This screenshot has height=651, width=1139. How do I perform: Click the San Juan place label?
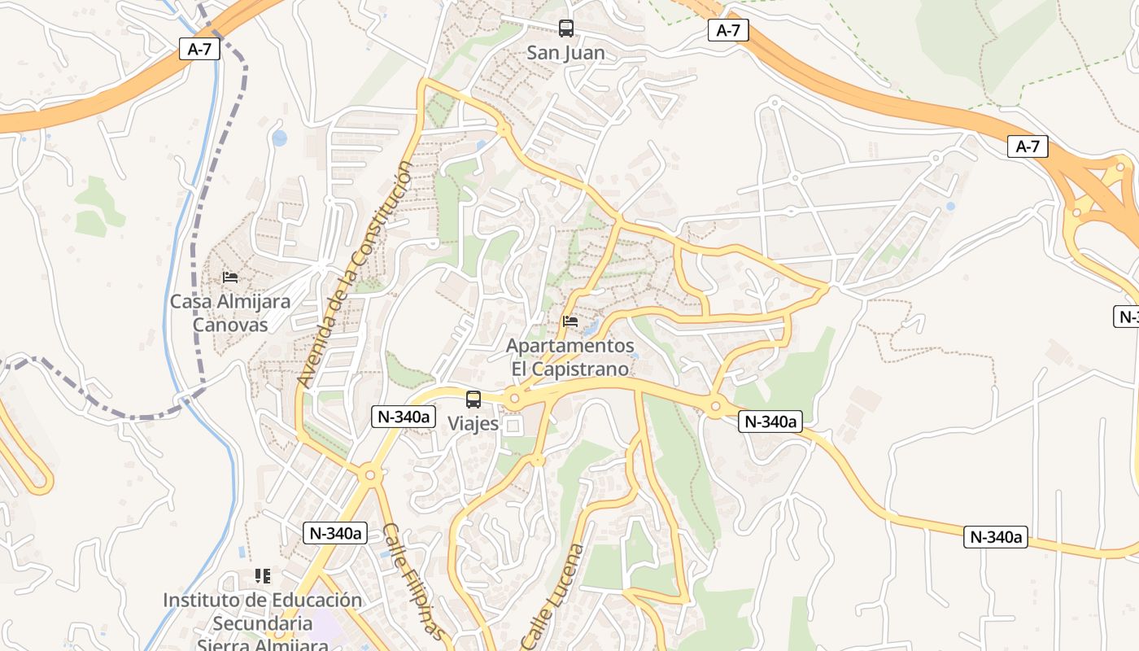pyautogui.click(x=566, y=53)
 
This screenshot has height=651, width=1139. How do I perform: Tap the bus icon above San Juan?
pyautogui.click(x=566, y=28)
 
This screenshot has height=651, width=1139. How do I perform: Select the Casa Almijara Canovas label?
pyautogui.click(x=229, y=313)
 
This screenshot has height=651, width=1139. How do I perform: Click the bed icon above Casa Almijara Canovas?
pyautogui.click(x=230, y=277)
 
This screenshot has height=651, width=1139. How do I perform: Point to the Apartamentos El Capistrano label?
pyautogui.click(x=569, y=357)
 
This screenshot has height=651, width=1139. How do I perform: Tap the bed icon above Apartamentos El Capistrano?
pyautogui.click(x=570, y=322)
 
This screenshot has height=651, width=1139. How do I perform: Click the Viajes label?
pyautogui.click(x=473, y=424)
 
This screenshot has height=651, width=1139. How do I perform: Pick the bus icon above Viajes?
pyautogui.click(x=473, y=400)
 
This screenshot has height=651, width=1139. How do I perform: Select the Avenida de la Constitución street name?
pyautogui.click(x=356, y=273)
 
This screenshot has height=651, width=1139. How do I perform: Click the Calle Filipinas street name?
pyautogui.click(x=414, y=581)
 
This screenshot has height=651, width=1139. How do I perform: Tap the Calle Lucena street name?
pyautogui.click(x=552, y=596)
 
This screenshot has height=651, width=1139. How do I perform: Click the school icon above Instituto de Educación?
pyautogui.click(x=262, y=576)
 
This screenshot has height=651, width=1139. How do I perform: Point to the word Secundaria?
pyautogui.click(x=263, y=624)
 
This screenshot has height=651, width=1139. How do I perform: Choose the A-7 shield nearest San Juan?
pyautogui.click(x=727, y=31)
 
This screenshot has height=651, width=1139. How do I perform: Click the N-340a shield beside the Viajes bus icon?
pyautogui.click(x=402, y=417)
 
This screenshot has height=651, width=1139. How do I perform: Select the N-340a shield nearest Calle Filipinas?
pyautogui.click(x=335, y=533)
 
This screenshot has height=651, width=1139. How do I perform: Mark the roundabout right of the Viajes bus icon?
pyautogui.click(x=513, y=399)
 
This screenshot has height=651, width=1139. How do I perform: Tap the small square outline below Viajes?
pyautogui.click(x=513, y=425)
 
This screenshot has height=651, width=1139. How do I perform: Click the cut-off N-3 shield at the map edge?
pyautogui.click(x=1126, y=317)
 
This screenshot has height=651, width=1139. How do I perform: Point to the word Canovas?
pyautogui.click(x=229, y=325)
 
